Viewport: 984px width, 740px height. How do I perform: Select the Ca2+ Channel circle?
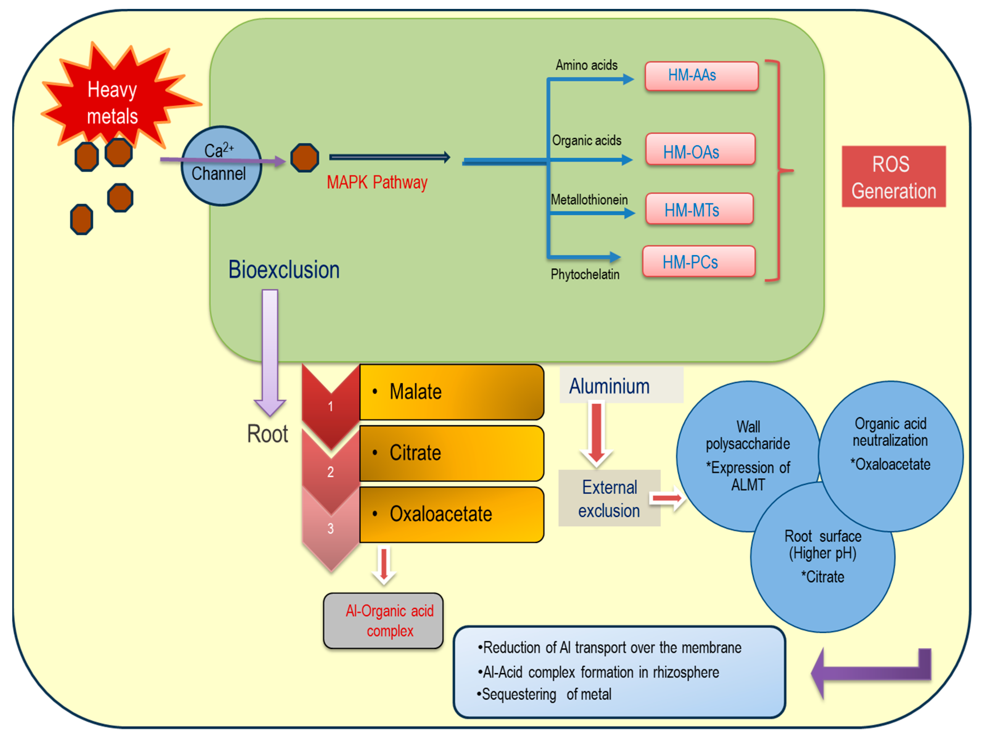click(x=221, y=166)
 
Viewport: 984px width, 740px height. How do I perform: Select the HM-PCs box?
click(x=699, y=261)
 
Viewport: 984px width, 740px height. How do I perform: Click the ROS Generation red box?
click(x=894, y=177)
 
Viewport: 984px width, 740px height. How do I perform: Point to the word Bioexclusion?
click(x=284, y=269)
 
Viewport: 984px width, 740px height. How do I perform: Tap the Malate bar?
click(x=452, y=392)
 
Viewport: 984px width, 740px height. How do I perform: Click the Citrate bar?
click(x=452, y=453)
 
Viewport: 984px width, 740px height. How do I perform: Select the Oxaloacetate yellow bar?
click(x=452, y=515)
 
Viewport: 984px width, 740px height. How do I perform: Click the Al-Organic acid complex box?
click(x=383, y=621)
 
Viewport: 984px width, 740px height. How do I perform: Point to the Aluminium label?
click(x=610, y=386)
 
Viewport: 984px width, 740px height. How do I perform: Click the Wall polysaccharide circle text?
click(x=748, y=455)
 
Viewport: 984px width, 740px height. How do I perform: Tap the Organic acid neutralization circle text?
click(x=890, y=444)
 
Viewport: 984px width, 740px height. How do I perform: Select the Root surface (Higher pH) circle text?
click(x=823, y=556)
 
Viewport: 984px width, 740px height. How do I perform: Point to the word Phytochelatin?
click(x=585, y=274)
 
